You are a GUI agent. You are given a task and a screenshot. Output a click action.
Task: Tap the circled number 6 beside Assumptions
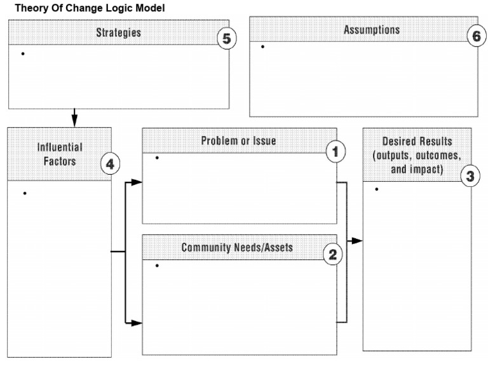[475, 36]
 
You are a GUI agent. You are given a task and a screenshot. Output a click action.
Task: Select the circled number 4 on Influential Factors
[110, 165]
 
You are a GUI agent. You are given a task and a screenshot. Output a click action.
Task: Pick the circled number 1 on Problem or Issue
[334, 151]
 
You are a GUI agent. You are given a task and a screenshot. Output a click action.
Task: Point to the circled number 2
[332, 255]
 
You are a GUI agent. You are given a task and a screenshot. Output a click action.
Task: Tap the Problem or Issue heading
[238, 140]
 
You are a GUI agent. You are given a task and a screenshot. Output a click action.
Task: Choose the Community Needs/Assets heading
[238, 247]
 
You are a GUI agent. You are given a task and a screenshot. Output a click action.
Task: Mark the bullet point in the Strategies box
[23, 53]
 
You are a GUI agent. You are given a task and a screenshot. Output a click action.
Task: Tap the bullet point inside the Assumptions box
[262, 47]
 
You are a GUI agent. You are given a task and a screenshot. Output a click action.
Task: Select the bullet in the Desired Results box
[377, 189]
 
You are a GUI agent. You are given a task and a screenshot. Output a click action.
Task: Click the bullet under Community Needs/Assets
[156, 265]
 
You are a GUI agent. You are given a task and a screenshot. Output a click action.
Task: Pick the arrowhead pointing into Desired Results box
[358, 241]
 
